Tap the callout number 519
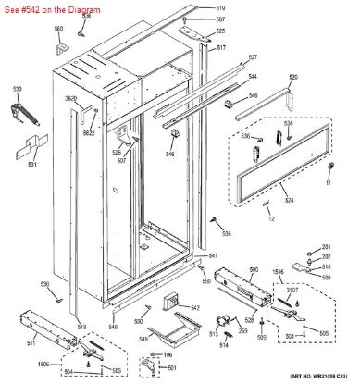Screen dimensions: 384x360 pos(220,7)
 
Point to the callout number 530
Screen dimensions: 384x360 pos(17,89)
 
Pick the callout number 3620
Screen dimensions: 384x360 pos(70,98)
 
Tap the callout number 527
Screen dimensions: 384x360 pos(253,56)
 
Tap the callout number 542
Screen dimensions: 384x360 pos(194,307)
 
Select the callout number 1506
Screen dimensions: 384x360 pos(43,365)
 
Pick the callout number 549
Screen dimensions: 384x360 pos(143,340)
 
